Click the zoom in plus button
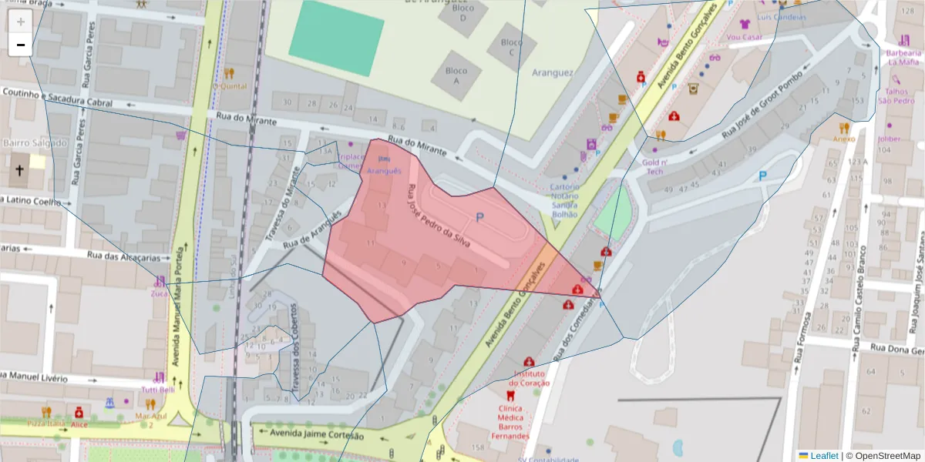click(21, 22)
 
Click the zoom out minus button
click(21, 45)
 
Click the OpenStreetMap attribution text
click(884, 455)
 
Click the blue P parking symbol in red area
click(479, 218)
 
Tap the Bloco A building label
click(456, 75)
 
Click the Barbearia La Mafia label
click(903, 57)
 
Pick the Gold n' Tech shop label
click(654, 166)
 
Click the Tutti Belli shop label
click(157, 390)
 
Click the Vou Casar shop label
click(744, 36)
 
